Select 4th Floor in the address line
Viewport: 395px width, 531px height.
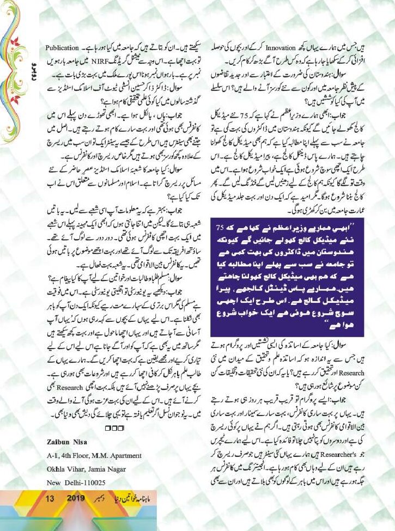tap(76, 455)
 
